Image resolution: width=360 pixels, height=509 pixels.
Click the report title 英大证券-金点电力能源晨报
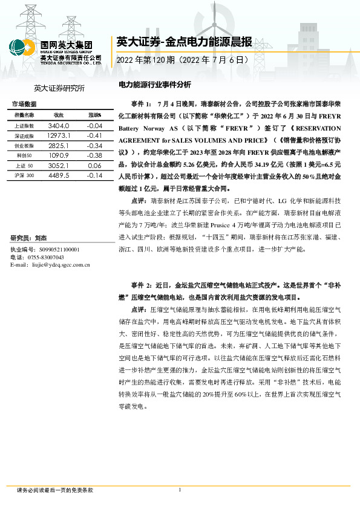183,42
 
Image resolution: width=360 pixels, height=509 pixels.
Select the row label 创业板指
25,146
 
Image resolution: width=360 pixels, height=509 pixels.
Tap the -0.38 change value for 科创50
94,156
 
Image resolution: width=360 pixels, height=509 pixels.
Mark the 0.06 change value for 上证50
94,165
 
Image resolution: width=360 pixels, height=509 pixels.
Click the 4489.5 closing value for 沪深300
59,175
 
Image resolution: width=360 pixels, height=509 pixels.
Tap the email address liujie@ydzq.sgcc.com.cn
59,265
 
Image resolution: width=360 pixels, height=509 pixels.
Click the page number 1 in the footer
180,490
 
